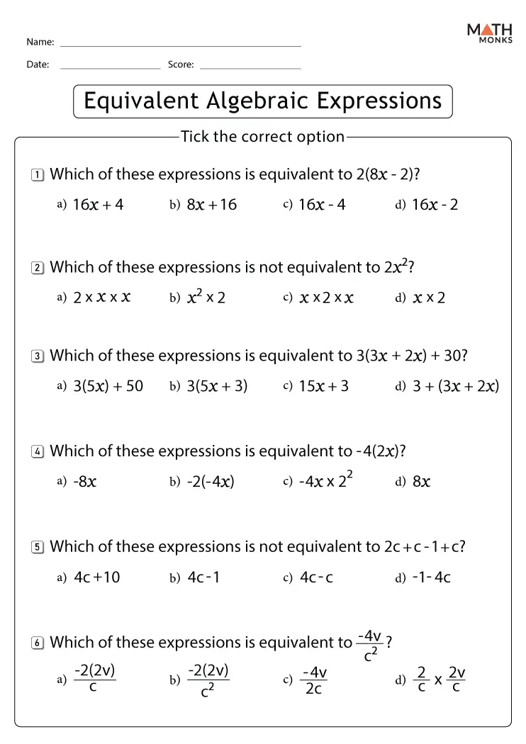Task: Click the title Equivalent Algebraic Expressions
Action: (262, 101)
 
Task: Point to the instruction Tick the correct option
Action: (262, 136)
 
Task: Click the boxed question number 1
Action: (38, 175)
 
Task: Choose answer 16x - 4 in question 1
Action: (322, 205)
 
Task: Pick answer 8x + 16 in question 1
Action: (211, 205)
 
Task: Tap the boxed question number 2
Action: (38, 269)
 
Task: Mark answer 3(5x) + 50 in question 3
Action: (108, 386)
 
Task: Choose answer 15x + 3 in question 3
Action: (323, 386)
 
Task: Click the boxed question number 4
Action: (38, 452)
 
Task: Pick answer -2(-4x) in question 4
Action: (210, 482)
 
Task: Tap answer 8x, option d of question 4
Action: (422, 482)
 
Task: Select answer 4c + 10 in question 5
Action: (97, 577)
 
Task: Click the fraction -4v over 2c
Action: (314, 680)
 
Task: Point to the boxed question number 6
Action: (38, 643)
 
